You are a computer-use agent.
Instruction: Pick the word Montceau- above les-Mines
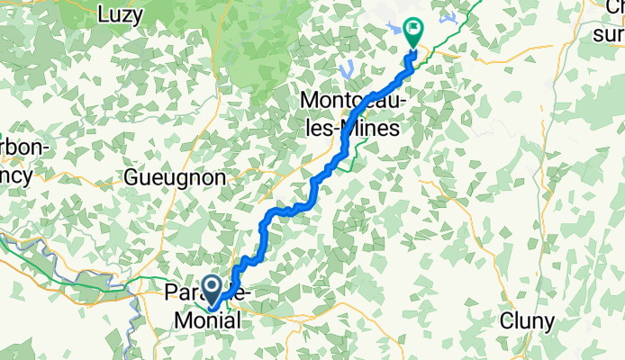click(x=355, y=99)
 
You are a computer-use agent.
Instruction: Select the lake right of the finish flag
click(x=448, y=17)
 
